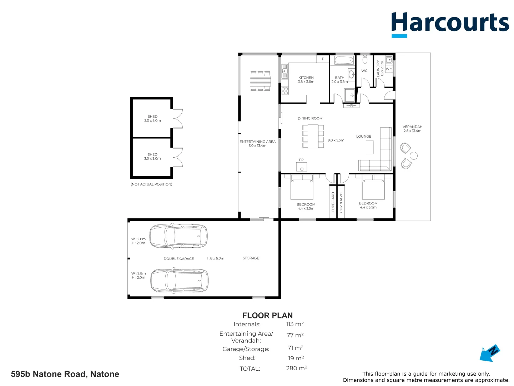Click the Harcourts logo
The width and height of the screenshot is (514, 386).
click(450, 25)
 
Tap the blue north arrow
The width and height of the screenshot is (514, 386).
click(489, 353)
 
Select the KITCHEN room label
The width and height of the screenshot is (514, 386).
click(306, 78)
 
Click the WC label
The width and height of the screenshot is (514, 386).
click(364, 71)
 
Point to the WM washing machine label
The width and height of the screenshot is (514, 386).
click(389, 69)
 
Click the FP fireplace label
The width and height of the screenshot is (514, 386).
click(301, 160)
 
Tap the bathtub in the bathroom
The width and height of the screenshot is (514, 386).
click(344, 60)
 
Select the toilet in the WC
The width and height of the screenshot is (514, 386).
click(365, 59)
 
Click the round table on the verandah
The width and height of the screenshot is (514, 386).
click(414, 156)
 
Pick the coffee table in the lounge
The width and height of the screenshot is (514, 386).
click(370, 147)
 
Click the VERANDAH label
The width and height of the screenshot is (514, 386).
click(412, 127)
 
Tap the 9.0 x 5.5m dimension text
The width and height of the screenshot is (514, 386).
click(336, 140)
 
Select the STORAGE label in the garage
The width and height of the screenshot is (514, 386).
click(251, 258)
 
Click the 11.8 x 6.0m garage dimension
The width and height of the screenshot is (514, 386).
click(216, 258)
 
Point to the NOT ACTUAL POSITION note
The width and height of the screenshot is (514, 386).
click(151, 184)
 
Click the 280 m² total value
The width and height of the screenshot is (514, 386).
click(297, 368)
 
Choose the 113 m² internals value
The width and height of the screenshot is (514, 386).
click(294, 324)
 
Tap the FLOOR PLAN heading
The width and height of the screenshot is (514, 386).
click(267, 316)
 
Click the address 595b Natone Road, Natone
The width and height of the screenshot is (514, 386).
click(65, 374)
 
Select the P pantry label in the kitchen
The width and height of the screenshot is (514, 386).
click(323, 59)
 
